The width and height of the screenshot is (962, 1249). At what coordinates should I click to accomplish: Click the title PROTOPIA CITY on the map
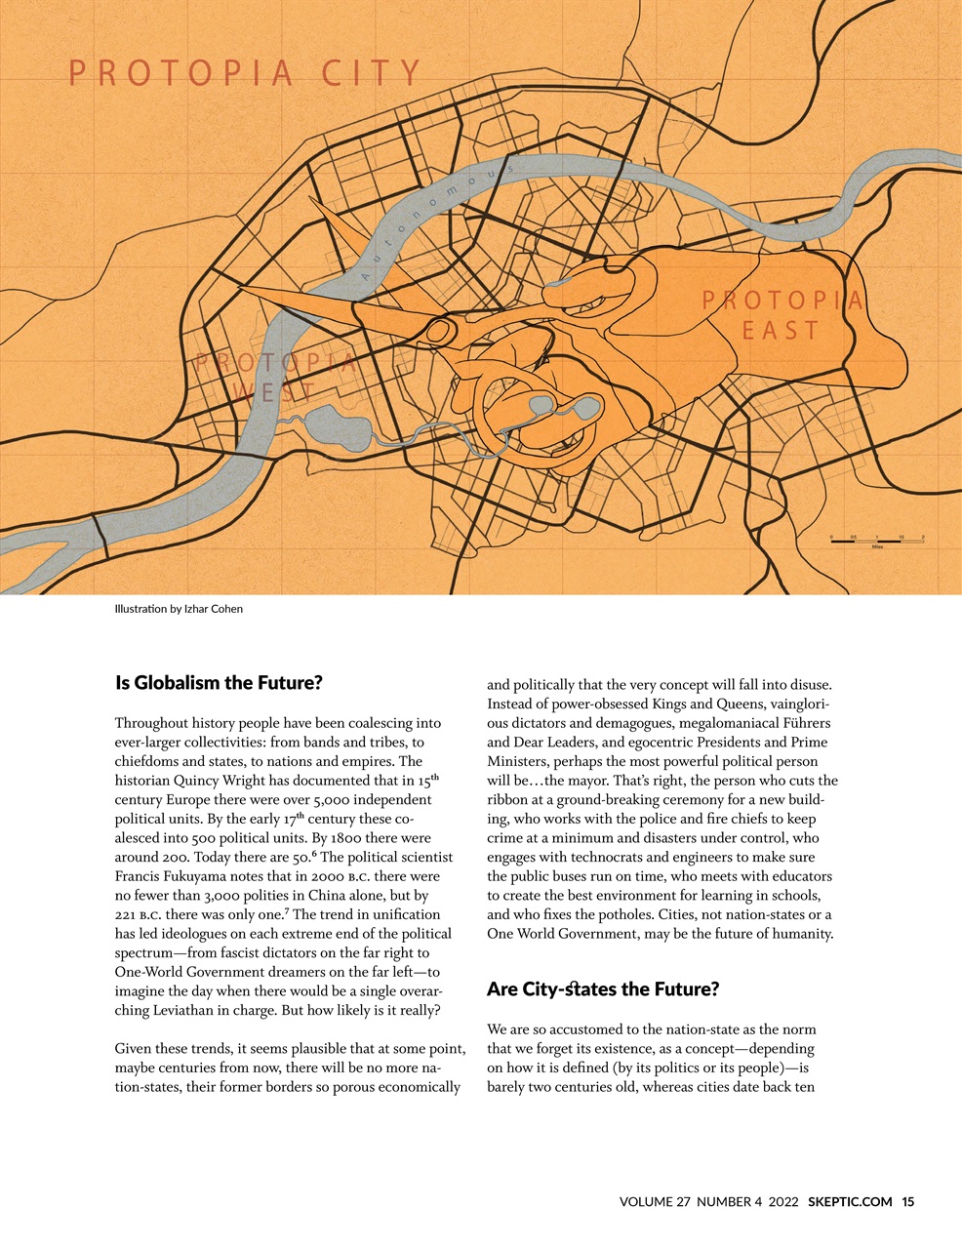245,74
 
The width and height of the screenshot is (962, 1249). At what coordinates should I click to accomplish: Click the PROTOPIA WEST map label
275,378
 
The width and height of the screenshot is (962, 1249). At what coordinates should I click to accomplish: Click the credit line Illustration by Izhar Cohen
179,609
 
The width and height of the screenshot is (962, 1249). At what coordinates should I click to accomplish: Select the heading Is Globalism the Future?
219,683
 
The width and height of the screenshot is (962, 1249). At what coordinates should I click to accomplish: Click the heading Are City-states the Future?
602,989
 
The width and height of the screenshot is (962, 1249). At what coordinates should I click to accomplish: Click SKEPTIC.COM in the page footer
849,1202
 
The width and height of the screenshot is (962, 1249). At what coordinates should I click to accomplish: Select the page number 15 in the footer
907,1202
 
